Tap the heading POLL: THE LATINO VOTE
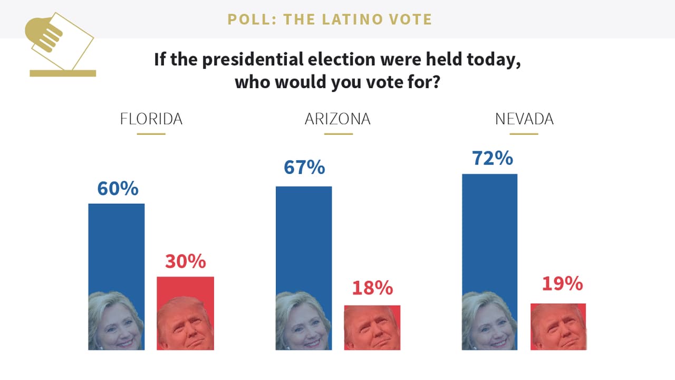coord(330,20)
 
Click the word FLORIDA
coord(151,119)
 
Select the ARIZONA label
coord(337,119)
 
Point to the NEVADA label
coord(524,119)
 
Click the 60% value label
coord(118,188)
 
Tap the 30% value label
coord(185,261)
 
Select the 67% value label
coord(304,168)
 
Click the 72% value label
coord(491,158)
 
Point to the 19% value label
coord(562,284)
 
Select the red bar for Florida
coord(185,287)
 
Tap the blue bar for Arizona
coord(304,237)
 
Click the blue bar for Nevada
coord(489,232)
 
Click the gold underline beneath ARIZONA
coord(338,134)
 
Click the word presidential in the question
coord(252,59)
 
